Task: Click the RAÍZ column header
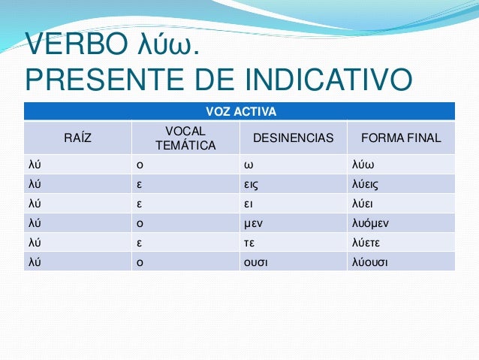pos(78,138)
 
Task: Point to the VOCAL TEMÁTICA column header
pos(185,138)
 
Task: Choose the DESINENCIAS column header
pos(293,138)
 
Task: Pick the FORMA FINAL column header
pos(401,138)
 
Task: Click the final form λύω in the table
pos(363,165)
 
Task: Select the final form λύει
pos(363,203)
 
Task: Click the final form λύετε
pos(367,242)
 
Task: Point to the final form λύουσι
pos(371,262)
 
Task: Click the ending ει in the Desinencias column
pos(247,203)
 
